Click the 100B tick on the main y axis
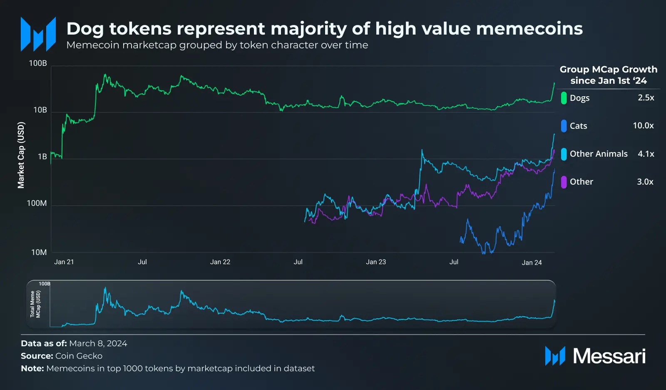point(38,63)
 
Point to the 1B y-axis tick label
point(42,157)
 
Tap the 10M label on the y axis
point(39,252)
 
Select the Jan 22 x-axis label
point(220,262)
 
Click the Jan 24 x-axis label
point(532,262)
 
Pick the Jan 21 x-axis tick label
point(64,262)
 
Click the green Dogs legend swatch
point(564,98)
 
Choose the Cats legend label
point(578,126)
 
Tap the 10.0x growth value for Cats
point(643,125)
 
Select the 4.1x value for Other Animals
point(646,154)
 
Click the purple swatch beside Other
point(564,182)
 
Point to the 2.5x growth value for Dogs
point(646,97)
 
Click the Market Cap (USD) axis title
point(21,155)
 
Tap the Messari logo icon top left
point(38,34)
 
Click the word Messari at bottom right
point(609,356)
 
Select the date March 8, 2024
point(98,343)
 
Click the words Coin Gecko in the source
point(79,356)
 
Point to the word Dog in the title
point(84,29)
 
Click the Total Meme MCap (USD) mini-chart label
point(35,304)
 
